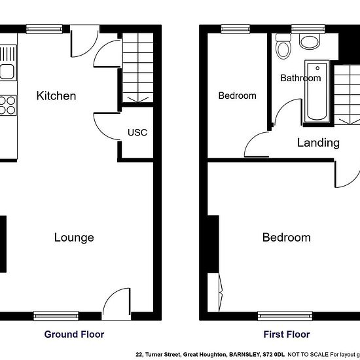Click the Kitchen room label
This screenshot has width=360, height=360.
[x=56, y=96]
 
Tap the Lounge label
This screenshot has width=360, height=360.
[x=74, y=238]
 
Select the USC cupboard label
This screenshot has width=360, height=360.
[x=137, y=132]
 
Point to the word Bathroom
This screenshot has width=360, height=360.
[x=300, y=78]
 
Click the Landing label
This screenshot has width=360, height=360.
[x=318, y=143]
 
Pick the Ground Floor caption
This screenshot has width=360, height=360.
[x=74, y=334]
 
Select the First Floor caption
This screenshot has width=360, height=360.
[x=287, y=334]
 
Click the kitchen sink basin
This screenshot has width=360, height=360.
[x=7, y=71]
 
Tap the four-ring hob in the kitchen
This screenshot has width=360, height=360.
[x=8, y=105]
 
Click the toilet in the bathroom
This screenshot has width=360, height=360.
[x=283, y=46]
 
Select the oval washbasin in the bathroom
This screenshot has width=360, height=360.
[x=310, y=41]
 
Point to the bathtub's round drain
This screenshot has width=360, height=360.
[x=317, y=68]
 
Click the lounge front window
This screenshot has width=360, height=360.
[x=56, y=316]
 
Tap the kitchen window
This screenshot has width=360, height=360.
[x=45, y=29]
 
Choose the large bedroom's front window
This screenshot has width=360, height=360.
[x=285, y=316]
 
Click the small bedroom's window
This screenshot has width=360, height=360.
[x=236, y=29]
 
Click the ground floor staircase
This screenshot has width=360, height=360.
[x=137, y=67]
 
